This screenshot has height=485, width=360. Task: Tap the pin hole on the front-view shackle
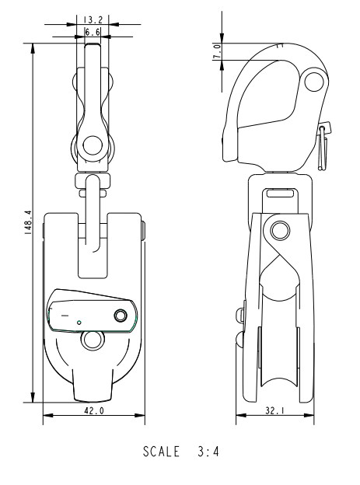(x=93, y=144)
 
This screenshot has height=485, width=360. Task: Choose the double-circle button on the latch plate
(x=121, y=315)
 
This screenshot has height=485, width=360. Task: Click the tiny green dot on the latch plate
(x=79, y=321)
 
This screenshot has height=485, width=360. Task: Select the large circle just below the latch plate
(x=93, y=340)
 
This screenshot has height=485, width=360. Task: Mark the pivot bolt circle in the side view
(x=279, y=230)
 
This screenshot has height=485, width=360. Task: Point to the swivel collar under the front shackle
(x=93, y=183)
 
